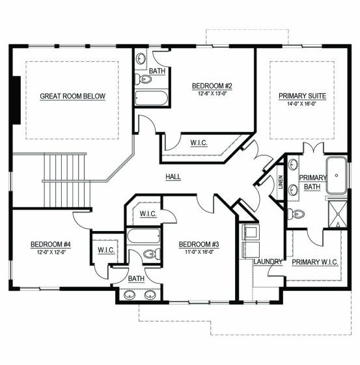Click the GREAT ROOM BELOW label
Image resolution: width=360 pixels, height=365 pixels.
[73, 96]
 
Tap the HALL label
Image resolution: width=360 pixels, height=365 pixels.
[173, 177]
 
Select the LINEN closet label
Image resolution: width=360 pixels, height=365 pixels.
[281, 182]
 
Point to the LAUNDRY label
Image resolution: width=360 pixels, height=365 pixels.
[268, 262]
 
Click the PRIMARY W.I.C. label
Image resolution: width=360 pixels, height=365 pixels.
[315, 262]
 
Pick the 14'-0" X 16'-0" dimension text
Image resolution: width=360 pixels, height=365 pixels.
[302, 104]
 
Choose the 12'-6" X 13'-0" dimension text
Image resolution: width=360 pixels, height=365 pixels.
[212, 94]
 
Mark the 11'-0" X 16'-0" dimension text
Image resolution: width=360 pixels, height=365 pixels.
[199, 252]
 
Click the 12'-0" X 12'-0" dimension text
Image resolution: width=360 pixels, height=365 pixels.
[51, 252]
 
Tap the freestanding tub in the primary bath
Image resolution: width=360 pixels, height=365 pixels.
[337, 176]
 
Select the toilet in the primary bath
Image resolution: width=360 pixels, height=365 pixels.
[296, 213]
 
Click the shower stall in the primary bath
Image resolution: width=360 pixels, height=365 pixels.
[337, 214]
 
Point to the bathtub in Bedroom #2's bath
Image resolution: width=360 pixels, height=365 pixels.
[152, 98]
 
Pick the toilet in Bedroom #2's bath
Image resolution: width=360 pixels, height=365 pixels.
[143, 79]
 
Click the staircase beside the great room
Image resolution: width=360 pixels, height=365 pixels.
[66, 180]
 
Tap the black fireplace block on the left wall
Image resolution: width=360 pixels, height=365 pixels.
[16, 100]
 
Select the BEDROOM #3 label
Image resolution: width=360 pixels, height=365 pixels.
[199, 245]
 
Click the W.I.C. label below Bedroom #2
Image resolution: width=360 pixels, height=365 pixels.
[199, 143]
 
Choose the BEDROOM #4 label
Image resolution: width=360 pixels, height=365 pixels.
[51, 245]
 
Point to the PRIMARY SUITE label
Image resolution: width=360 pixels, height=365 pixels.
[302, 96]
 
